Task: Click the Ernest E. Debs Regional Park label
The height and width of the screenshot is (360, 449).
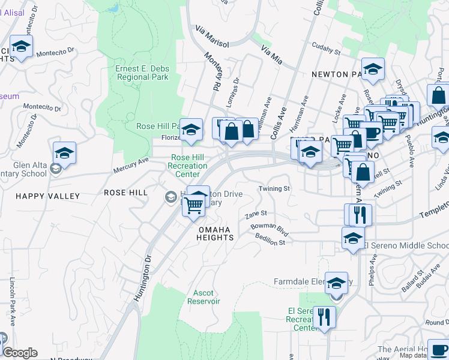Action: pyautogui.click(x=142, y=73)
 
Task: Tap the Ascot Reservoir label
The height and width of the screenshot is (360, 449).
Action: pyautogui.click(x=203, y=297)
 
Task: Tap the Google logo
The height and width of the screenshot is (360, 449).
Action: pyautogui.click(x=20, y=353)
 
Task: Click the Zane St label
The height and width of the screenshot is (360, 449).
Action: pyautogui.click(x=256, y=214)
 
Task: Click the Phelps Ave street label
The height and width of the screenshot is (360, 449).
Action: pyautogui.click(x=374, y=269)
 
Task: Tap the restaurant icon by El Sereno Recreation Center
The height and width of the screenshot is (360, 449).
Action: pyautogui.click(x=324, y=316)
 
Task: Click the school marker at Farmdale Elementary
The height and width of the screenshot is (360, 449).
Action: pyautogui.click(x=336, y=283)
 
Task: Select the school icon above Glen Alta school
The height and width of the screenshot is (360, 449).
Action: pyautogui.click(x=64, y=153)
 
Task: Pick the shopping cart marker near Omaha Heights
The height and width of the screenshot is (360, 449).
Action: pyautogui.click(x=193, y=206)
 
